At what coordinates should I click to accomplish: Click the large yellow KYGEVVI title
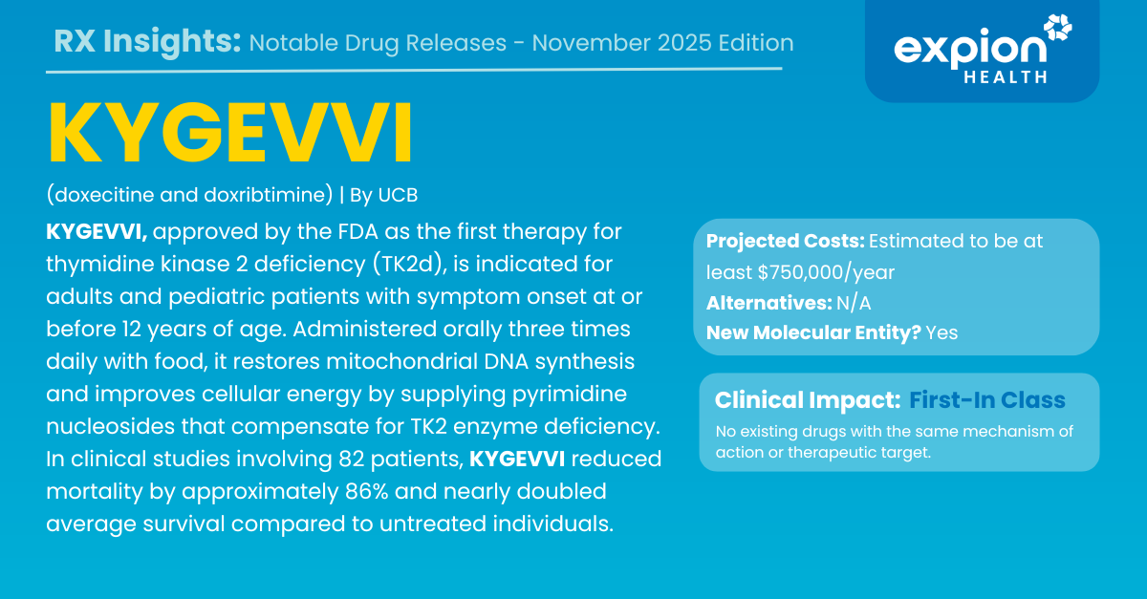pos(230,133)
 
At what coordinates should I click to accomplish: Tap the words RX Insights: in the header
pos(147,42)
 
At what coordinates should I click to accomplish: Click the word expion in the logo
pos(970,50)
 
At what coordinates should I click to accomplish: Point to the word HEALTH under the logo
pos(1006,77)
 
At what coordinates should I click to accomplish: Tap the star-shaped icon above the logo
pos(1057,28)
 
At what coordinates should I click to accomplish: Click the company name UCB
pos(398,195)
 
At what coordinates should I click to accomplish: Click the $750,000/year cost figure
pos(826,273)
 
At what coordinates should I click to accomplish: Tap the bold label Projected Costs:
pos(786,241)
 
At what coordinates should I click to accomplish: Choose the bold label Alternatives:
pos(769,303)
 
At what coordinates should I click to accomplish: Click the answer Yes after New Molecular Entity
pos(941,332)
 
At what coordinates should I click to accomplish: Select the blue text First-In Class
pos(987,400)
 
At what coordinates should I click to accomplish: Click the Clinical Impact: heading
pos(808,400)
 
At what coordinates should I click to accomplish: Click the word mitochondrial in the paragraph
pos(402,361)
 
